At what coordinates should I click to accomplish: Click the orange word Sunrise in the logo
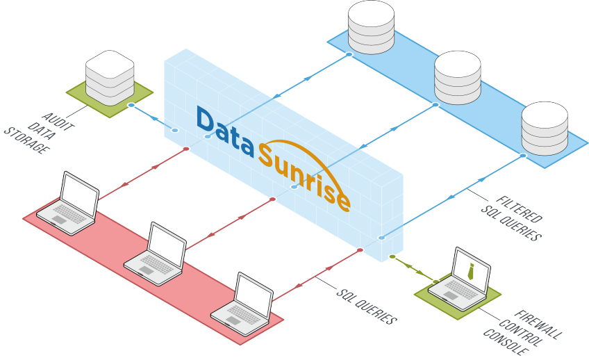(x=306, y=177)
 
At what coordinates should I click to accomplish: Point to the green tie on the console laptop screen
(x=472, y=271)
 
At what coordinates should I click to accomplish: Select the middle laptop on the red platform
(x=157, y=254)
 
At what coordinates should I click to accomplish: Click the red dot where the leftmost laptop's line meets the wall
(x=185, y=149)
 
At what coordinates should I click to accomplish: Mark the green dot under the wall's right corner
(x=392, y=256)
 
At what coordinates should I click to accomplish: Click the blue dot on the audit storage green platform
(x=131, y=106)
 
